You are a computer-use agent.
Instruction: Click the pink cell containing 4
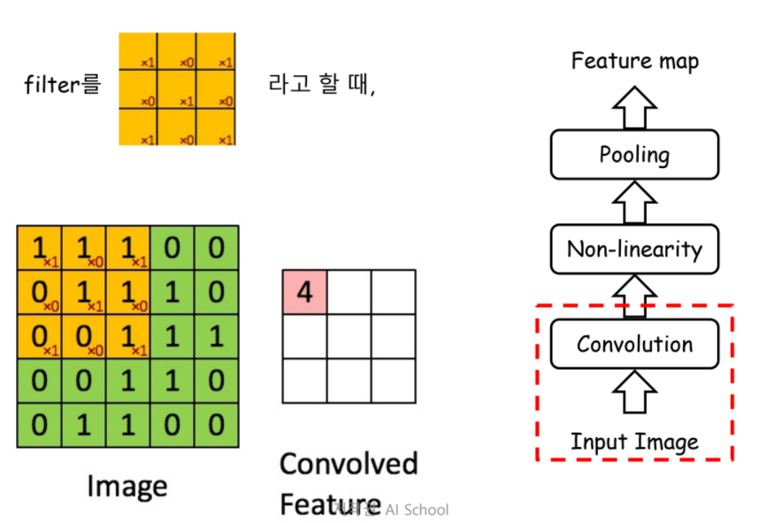(304, 291)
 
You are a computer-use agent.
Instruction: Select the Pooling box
(634, 155)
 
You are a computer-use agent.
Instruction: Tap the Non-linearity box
(634, 249)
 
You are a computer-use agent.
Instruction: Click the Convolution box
(634, 343)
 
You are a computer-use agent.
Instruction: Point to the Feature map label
(634, 61)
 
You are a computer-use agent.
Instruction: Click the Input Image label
(634, 441)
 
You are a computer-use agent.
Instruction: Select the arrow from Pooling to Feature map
(634, 108)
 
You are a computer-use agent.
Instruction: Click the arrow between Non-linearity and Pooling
(634, 202)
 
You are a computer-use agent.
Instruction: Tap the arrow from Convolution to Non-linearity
(634, 296)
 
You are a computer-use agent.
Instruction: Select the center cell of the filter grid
(177, 89)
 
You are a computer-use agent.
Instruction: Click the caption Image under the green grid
(126, 485)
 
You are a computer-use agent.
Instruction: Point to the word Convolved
(349, 464)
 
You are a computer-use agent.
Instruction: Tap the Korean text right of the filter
(321, 86)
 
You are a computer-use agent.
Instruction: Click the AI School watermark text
(416, 509)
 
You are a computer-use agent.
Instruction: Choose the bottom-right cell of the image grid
(216, 424)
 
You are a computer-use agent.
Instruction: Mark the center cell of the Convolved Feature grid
(349, 336)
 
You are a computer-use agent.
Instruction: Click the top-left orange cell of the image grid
(39, 248)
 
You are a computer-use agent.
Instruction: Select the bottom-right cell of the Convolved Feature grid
(393, 381)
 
